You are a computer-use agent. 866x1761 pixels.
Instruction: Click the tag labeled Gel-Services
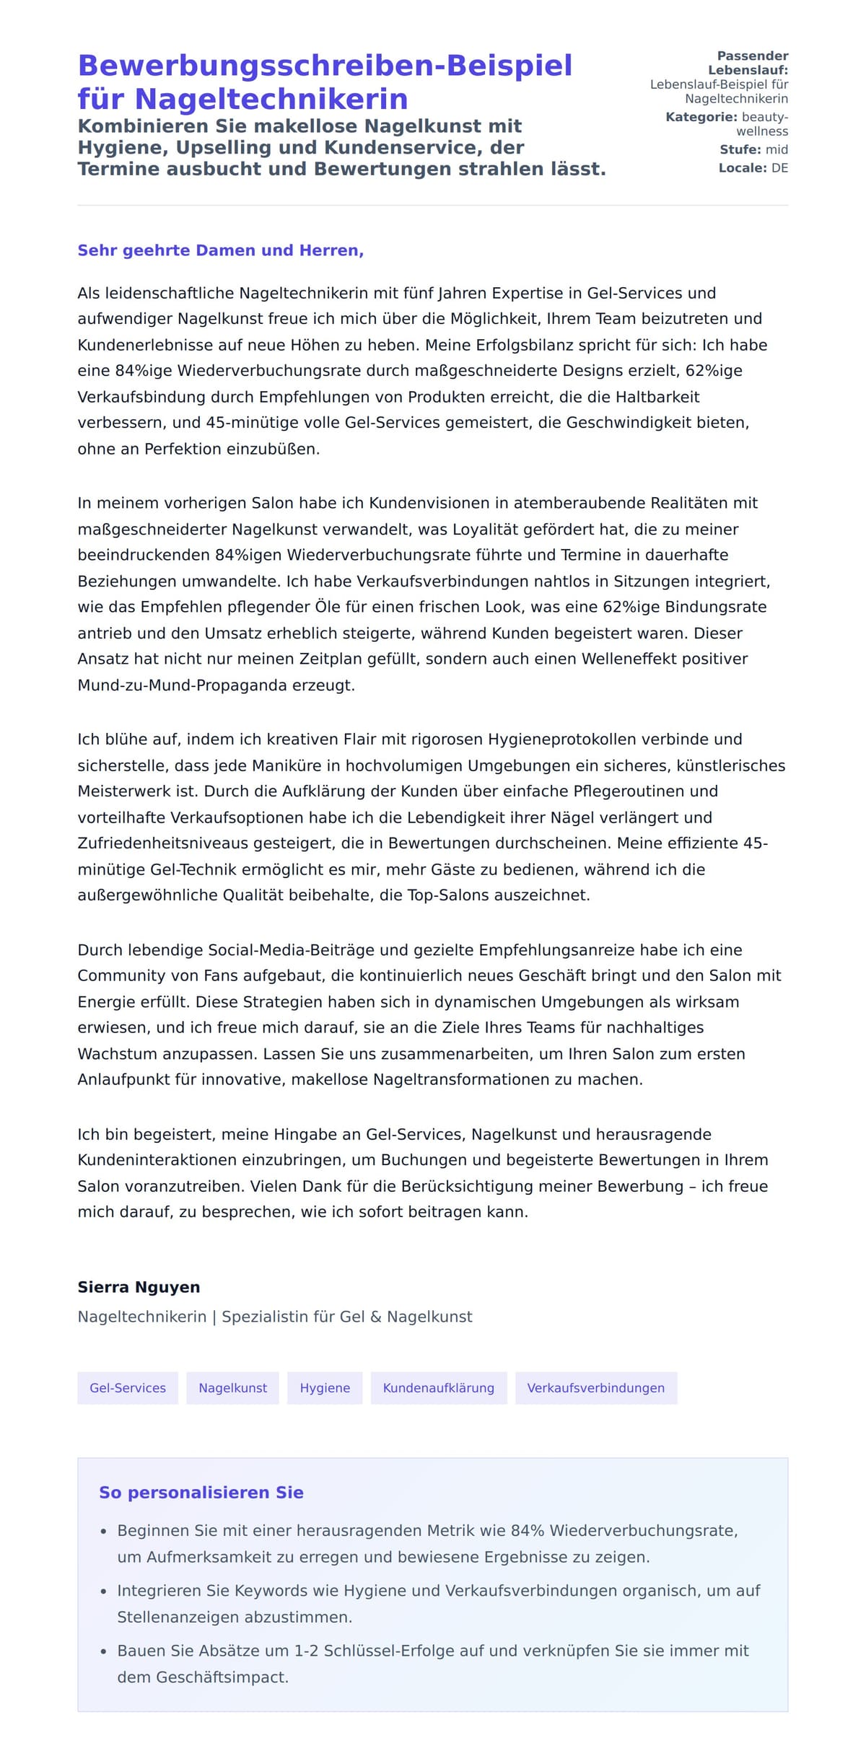(x=128, y=1387)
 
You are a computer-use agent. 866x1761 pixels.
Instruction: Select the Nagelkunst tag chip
(x=232, y=1387)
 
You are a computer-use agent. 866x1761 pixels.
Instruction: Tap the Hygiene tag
(x=325, y=1387)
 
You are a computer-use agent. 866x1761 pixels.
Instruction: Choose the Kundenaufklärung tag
(x=438, y=1387)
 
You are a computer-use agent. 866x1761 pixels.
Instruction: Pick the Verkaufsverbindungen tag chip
(x=595, y=1387)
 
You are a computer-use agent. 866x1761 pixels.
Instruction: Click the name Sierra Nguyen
(x=139, y=1286)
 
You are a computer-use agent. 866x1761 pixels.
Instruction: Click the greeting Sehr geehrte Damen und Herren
(x=220, y=250)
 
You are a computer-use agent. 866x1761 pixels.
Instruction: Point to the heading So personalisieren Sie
(x=201, y=1492)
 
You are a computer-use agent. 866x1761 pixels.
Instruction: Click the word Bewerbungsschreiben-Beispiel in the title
(x=325, y=66)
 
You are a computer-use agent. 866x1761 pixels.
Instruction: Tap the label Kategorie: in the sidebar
(x=701, y=117)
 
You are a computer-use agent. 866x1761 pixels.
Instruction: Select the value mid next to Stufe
(x=777, y=149)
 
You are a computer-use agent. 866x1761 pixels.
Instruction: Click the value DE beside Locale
(x=779, y=168)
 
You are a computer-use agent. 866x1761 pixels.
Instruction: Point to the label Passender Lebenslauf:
(x=751, y=63)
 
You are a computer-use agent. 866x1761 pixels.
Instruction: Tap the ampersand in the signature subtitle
(x=375, y=1316)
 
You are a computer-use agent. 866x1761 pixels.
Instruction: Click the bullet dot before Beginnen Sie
(x=104, y=1530)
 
